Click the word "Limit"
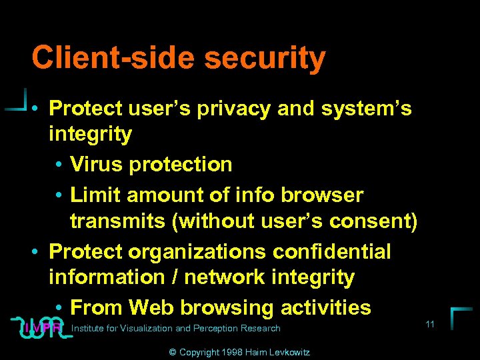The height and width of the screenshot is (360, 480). (x=95, y=195)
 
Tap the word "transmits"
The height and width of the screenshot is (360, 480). (x=118, y=221)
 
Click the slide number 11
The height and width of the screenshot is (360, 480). (x=430, y=324)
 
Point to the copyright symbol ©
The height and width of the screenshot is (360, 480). (x=173, y=352)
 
